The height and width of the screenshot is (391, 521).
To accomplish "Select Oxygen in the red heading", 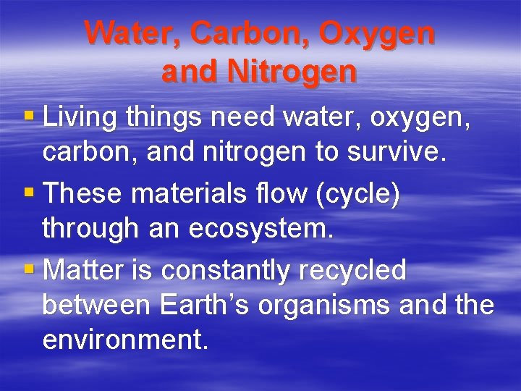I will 377,33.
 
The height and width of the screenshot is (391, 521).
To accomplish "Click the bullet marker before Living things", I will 29,116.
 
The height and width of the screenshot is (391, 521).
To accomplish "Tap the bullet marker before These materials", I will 29,193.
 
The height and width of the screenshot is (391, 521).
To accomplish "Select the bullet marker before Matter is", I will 29,269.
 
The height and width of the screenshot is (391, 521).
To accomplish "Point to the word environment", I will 125,340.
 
